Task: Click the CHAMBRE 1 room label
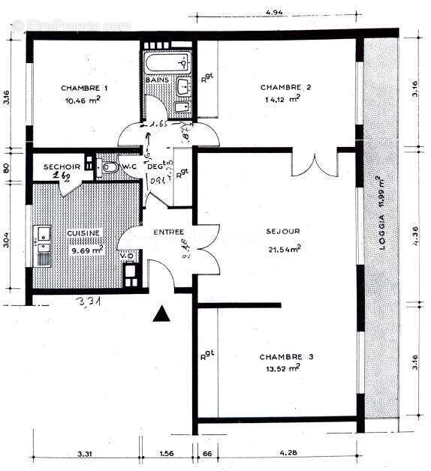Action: (x=85, y=88)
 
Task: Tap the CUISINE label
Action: (x=84, y=233)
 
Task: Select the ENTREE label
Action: (x=168, y=232)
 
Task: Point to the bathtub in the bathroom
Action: (x=167, y=62)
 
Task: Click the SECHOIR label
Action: (x=58, y=166)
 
